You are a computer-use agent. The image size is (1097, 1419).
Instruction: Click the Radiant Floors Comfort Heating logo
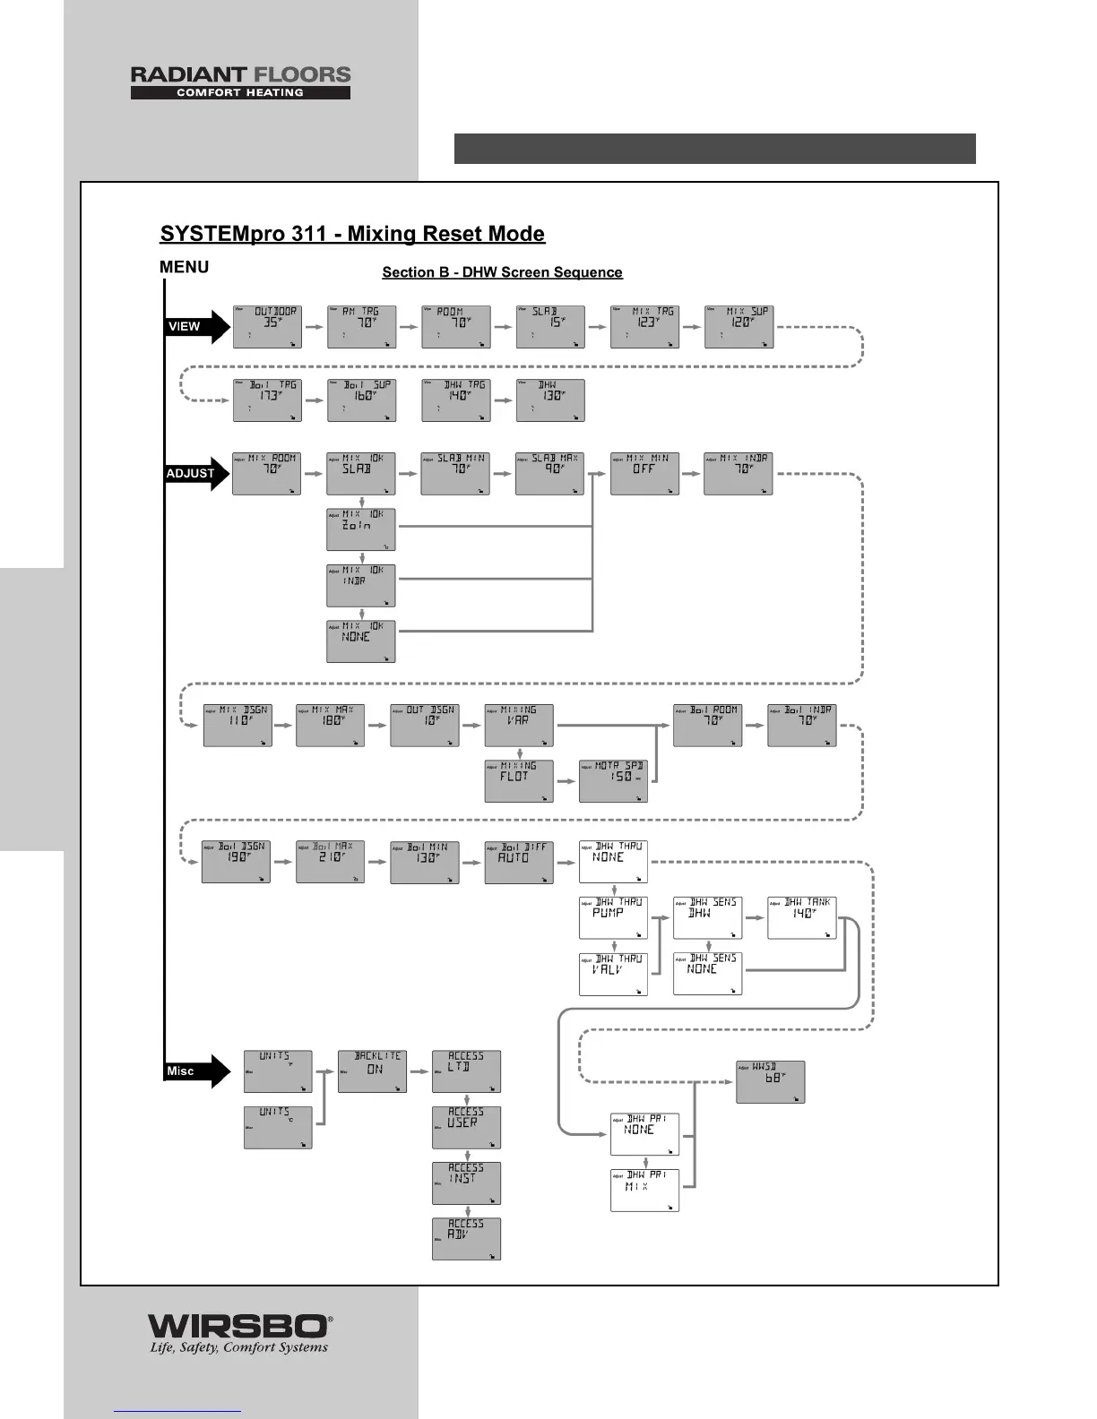coord(240,82)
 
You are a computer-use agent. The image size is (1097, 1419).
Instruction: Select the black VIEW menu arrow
coord(197,326)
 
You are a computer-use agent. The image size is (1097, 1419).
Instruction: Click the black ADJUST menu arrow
coord(197,473)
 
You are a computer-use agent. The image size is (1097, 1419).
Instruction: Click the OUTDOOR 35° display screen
coord(267,326)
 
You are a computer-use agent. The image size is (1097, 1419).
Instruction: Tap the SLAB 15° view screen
coord(550,326)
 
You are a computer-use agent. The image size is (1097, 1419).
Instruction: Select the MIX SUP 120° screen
coord(739,326)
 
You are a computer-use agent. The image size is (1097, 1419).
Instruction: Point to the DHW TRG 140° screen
coord(456,400)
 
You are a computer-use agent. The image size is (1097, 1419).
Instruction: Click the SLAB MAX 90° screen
coord(550,473)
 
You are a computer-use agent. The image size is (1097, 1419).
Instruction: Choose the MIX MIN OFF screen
coord(644,473)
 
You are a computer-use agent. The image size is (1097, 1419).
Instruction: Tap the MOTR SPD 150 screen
coord(613,781)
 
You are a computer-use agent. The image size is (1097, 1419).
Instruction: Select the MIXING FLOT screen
coord(519,781)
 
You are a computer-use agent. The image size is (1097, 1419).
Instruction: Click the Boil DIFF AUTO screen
coord(519,862)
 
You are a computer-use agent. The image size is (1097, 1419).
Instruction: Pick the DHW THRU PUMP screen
coord(613,918)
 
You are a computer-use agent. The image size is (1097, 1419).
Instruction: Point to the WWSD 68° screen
coord(770,1081)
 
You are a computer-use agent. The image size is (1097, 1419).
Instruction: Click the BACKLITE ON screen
coord(372,1071)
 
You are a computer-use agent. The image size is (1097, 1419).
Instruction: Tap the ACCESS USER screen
coord(466,1127)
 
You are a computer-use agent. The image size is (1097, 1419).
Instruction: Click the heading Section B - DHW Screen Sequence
coord(502,272)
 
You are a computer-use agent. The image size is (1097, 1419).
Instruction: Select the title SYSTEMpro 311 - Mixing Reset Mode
coord(352,234)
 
